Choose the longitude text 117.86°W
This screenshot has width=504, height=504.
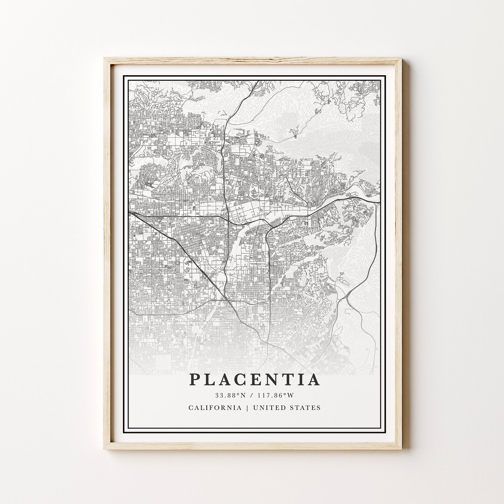[278, 395]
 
